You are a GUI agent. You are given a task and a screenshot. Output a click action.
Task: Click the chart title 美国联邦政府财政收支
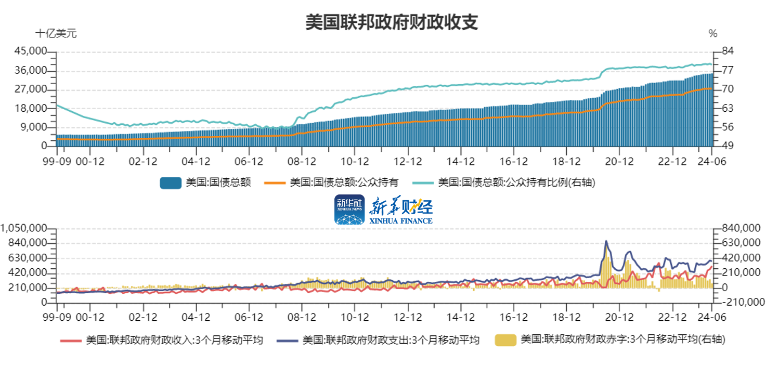(392, 23)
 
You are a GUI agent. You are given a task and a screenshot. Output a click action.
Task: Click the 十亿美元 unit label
(56, 34)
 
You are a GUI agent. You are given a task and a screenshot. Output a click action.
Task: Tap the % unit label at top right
(712, 34)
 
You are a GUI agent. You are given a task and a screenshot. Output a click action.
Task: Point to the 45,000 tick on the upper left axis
(33, 51)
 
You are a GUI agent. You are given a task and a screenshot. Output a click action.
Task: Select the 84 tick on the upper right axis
(727, 51)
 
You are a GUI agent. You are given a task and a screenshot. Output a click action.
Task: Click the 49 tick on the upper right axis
(727, 147)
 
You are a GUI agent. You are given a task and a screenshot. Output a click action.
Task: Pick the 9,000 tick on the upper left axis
(36, 127)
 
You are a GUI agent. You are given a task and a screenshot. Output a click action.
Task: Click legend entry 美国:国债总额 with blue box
(206, 182)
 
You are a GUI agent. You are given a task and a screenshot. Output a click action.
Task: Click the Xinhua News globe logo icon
(349, 210)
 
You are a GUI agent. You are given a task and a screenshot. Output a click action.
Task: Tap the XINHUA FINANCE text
(401, 221)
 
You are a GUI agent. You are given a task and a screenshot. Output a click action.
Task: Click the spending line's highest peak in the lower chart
(606, 241)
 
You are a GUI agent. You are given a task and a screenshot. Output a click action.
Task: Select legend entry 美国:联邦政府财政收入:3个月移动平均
(162, 341)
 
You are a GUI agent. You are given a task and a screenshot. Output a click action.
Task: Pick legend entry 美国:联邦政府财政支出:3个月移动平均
(378, 341)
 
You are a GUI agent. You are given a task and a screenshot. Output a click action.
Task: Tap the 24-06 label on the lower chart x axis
(712, 317)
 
